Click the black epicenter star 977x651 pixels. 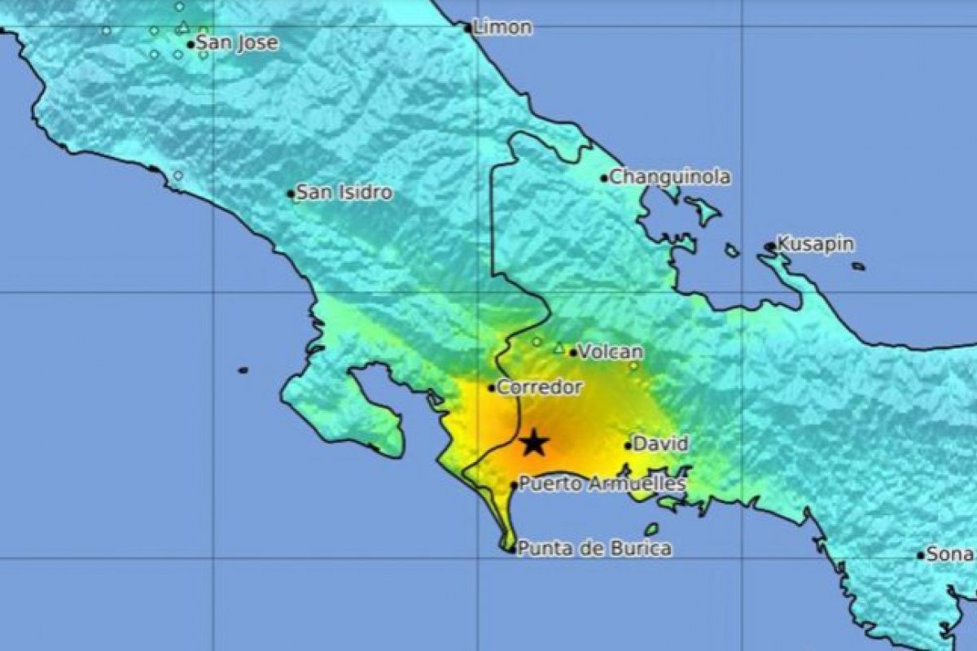(x=533, y=443)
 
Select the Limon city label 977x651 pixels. (x=503, y=28)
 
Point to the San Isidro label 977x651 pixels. (x=344, y=193)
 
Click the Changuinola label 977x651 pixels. (x=670, y=177)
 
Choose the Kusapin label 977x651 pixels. (x=815, y=243)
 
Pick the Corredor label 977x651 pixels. (x=540, y=387)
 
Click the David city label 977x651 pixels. (x=660, y=444)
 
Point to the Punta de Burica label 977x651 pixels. (x=595, y=548)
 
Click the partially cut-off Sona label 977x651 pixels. (x=950, y=554)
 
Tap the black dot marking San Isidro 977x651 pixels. (x=291, y=194)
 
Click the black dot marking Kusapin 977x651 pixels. (x=769, y=246)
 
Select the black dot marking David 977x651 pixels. (x=629, y=445)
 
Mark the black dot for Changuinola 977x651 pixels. (x=604, y=178)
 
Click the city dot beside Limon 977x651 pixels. (x=468, y=28)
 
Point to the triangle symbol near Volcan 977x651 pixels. (x=559, y=348)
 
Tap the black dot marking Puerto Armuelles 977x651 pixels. (x=514, y=485)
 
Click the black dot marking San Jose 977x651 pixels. (x=191, y=45)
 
